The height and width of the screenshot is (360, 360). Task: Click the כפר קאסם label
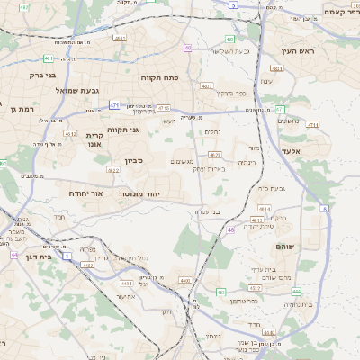(x=334, y=12)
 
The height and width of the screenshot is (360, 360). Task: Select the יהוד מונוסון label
(x=139, y=193)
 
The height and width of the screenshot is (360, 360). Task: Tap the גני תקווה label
(x=122, y=130)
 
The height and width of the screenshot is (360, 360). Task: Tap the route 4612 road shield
(x=70, y=134)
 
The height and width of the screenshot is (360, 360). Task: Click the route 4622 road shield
(x=113, y=169)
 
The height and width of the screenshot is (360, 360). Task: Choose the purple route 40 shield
(x=188, y=48)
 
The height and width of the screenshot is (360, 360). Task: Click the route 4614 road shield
(x=264, y=209)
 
